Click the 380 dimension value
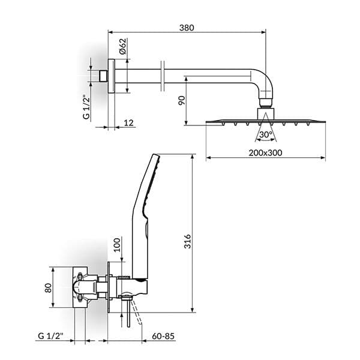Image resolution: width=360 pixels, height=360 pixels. [x=186, y=28]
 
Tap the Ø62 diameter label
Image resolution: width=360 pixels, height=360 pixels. [x=122, y=47]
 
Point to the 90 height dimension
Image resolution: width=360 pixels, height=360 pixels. [x=181, y=100]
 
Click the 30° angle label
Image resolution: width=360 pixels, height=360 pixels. [x=266, y=134]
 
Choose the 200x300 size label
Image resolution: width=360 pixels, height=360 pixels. [x=265, y=152]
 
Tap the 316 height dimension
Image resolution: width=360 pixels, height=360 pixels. [x=187, y=241]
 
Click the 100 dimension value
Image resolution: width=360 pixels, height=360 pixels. [x=118, y=245]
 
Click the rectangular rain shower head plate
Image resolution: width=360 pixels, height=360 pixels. [x=265, y=121]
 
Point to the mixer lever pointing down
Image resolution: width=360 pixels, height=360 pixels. [x=128, y=313]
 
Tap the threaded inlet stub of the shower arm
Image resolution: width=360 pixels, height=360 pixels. [x=103, y=76]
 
